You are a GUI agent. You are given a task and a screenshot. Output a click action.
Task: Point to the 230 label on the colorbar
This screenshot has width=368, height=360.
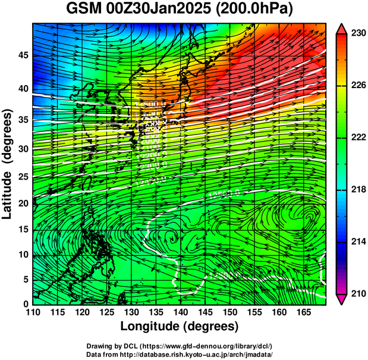(x=356, y=34)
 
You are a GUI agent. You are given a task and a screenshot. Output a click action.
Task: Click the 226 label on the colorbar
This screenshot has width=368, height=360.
(x=356, y=86)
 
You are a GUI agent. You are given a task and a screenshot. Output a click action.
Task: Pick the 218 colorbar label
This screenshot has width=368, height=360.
(x=356, y=189)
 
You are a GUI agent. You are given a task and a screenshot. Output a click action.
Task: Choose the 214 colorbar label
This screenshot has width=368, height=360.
(x=356, y=242)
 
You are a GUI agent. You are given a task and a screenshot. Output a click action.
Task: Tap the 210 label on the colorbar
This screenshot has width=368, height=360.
(x=356, y=293)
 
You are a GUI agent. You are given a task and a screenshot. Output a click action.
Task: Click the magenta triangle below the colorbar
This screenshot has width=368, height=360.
(x=342, y=299)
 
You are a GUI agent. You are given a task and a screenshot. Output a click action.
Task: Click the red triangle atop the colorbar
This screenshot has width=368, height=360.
(x=342, y=28)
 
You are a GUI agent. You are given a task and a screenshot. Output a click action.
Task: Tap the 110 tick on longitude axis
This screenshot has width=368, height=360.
(x=33, y=312)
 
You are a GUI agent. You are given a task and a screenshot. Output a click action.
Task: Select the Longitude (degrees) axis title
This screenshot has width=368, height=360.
(x=180, y=326)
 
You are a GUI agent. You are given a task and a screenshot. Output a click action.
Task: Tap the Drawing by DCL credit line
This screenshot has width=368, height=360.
(x=184, y=346)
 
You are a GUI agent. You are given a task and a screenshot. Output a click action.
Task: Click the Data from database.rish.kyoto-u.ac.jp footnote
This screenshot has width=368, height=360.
(x=184, y=353)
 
